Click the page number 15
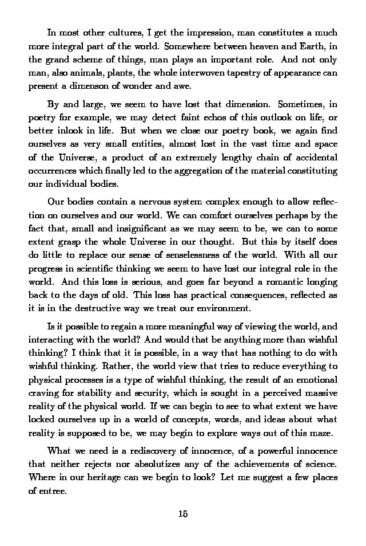(183, 513)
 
